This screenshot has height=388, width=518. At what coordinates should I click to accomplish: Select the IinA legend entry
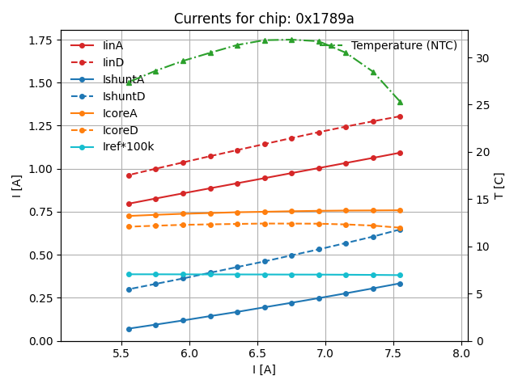(113, 45)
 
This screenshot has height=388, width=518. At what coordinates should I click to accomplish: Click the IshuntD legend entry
(124, 96)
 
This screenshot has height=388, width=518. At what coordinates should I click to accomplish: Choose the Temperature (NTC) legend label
(404, 45)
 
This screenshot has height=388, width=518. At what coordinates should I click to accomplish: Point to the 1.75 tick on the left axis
(40, 40)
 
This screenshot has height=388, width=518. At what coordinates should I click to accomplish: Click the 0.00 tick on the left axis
(40, 341)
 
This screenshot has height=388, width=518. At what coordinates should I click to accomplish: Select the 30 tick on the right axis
(478, 58)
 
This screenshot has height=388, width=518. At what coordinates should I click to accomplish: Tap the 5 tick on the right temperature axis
(475, 294)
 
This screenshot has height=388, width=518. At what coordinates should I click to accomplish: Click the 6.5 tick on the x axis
(257, 354)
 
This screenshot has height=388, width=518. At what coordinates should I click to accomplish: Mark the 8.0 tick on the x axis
(461, 354)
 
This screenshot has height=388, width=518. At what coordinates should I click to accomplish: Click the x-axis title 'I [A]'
(264, 369)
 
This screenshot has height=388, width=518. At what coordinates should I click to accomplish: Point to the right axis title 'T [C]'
(499, 186)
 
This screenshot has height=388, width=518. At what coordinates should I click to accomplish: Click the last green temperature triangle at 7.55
(400, 102)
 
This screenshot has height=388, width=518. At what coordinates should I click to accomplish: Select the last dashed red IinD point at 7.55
(400, 116)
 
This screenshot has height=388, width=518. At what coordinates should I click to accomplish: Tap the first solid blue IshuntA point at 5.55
(129, 329)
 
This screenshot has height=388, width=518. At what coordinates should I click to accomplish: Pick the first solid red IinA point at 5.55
(129, 204)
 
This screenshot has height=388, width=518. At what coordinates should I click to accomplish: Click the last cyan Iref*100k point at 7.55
(400, 275)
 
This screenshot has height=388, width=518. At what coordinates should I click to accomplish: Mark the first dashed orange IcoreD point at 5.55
(129, 226)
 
